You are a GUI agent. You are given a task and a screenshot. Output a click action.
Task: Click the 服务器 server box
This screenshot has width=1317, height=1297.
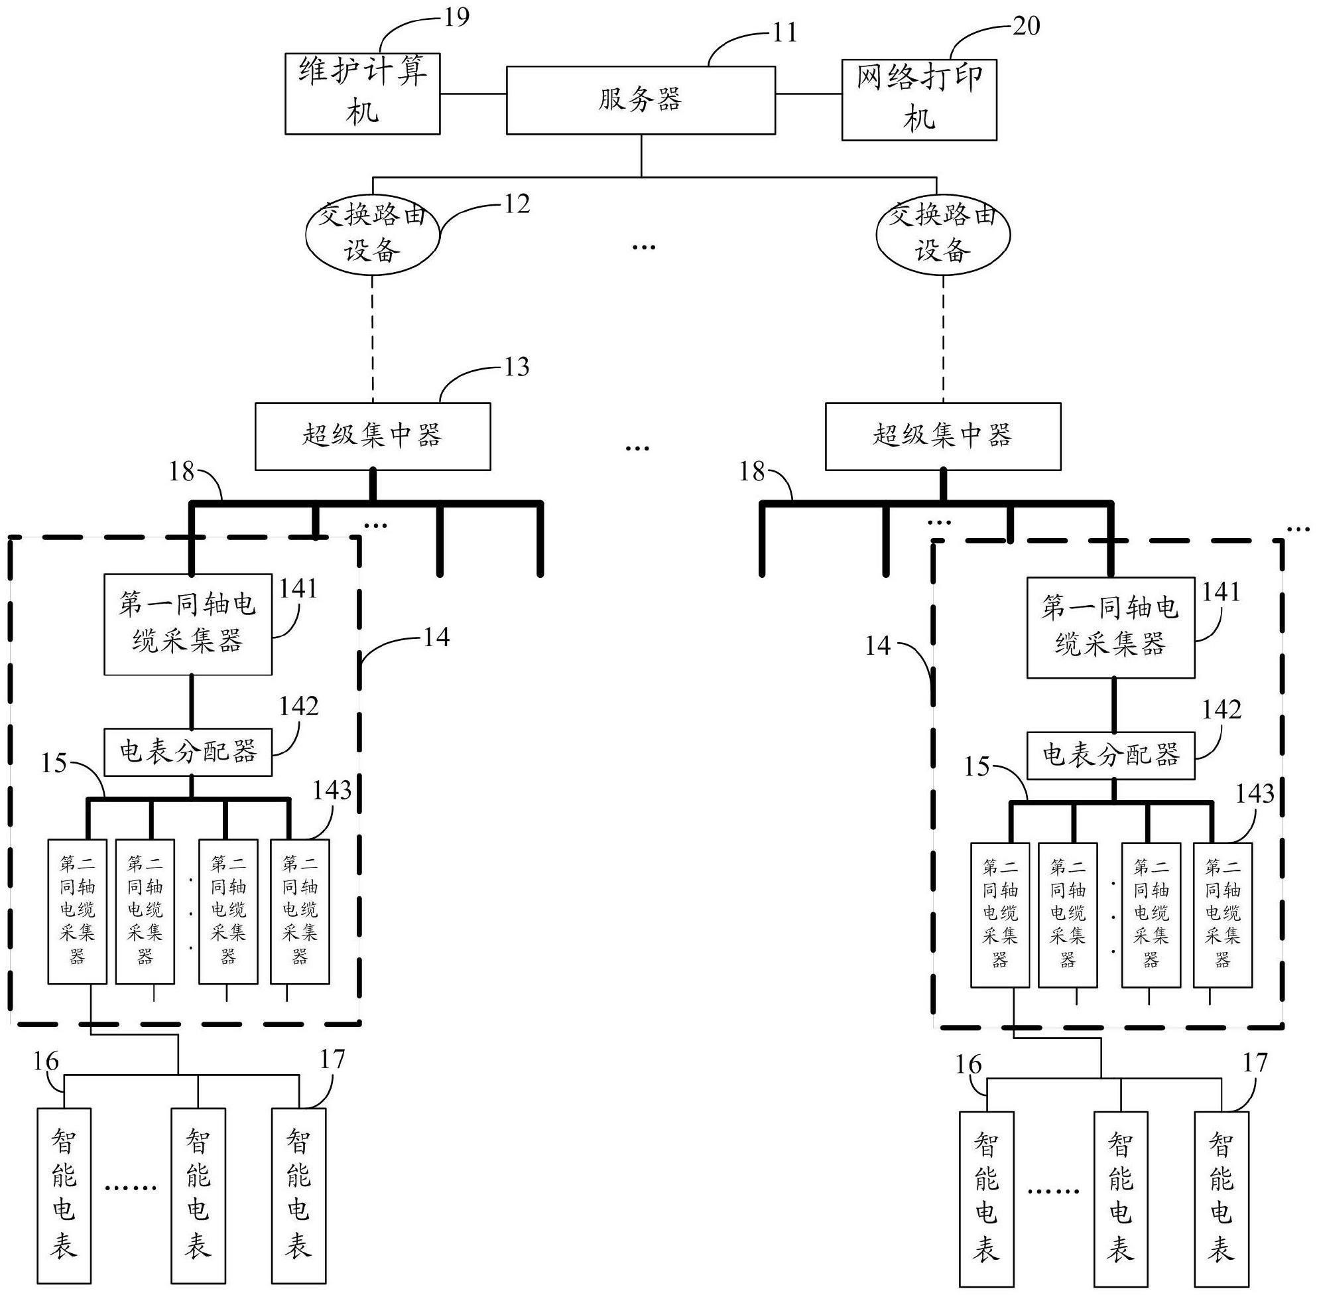point(640,100)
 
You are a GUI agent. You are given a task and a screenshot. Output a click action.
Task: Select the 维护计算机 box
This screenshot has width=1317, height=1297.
point(362,94)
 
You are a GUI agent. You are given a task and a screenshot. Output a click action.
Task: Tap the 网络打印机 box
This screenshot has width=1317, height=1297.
point(918,100)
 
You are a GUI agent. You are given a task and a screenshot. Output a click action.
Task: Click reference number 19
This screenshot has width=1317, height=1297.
point(456,17)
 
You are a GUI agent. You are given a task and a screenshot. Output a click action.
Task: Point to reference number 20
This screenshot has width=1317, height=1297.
point(1027,26)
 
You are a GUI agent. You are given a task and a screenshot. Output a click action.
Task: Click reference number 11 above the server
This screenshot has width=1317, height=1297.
point(784,33)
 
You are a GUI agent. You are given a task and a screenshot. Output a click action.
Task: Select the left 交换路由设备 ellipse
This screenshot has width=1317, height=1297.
point(372,234)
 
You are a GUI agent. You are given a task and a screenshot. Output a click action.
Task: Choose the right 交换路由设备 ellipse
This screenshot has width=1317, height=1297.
point(942,234)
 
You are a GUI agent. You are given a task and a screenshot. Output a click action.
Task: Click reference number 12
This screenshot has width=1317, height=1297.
point(516,204)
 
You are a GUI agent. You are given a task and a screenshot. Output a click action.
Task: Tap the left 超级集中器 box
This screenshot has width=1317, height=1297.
point(373,436)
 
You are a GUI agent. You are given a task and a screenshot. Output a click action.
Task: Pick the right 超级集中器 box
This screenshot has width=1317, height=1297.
point(942,436)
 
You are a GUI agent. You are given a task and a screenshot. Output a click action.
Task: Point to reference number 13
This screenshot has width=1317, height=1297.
point(516,366)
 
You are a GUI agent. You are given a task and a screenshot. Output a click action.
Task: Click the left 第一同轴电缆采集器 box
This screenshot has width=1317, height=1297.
point(187,624)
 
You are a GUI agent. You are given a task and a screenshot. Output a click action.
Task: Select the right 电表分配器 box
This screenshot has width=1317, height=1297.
point(1110,756)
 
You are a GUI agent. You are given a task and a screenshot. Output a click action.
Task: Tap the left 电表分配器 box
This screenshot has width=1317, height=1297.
point(187,752)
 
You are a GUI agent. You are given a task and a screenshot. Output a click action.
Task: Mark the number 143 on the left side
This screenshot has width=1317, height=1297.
point(332,790)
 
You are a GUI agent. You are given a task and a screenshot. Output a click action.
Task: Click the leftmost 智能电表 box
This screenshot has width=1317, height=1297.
point(64,1195)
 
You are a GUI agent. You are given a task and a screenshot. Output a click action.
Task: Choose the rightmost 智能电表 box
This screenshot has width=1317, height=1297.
point(1221,1199)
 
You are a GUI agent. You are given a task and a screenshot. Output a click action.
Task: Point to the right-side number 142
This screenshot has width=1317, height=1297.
point(1222,710)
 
